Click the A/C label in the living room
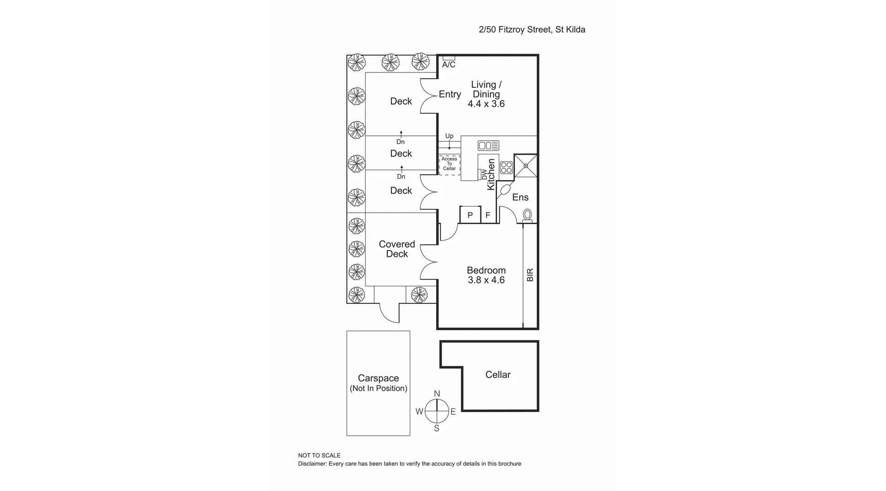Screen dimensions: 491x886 tap(449, 65)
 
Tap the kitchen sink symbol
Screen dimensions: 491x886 tap(488, 146)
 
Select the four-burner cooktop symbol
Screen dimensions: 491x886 tap(506, 168)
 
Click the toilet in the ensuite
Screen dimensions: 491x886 tap(527, 215)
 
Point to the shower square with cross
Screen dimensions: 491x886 tap(526, 166)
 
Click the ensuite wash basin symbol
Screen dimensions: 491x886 tap(504, 190)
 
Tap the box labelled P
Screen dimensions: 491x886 tap(470, 215)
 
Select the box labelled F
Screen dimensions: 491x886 tap(488, 215)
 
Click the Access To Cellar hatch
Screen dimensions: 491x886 tap(449, 164)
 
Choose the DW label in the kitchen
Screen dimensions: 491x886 tap(484, 175)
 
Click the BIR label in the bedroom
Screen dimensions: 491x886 tap(530, 275)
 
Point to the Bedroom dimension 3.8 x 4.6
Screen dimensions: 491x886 tap(486, 280)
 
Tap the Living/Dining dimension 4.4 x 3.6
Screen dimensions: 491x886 tap(486, 104)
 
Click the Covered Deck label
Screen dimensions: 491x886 tap(397, 249)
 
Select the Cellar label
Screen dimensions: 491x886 tap(498, 375)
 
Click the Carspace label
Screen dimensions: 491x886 tap(378, 378)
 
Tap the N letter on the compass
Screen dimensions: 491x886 tap(437, 394)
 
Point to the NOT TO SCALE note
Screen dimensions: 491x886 tap(319, 455)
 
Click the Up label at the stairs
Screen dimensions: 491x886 tap(449, 136)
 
